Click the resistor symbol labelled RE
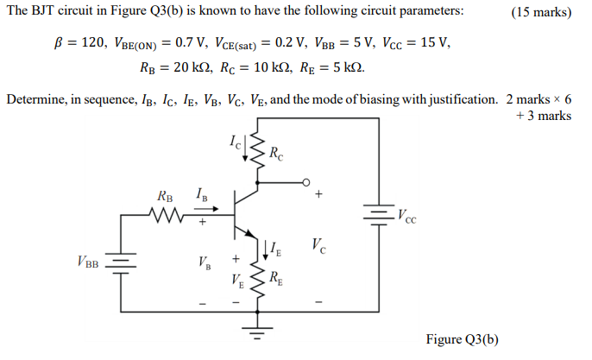coord(257,277)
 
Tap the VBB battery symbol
coord(121,262)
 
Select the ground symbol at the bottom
coord(257,330)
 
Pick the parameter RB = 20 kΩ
coord(179,66)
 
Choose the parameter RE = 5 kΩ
coord(330,66)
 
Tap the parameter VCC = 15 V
coord(417,41)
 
